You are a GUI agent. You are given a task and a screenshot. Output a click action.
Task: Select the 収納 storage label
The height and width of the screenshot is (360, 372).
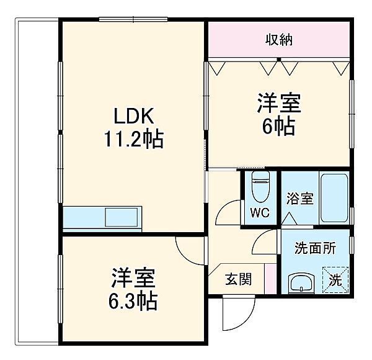(280, 40)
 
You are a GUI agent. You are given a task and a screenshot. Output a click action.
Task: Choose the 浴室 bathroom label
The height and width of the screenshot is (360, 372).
(299, 199)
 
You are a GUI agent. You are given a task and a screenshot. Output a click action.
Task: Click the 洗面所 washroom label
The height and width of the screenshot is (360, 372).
(315, 248)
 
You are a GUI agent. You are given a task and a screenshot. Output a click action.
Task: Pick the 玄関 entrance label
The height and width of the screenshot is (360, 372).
(239, 279)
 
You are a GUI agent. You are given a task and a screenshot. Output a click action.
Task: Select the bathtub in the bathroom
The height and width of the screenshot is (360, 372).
(335, 198)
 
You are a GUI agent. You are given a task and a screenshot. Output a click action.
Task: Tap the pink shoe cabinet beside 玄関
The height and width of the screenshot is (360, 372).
(270, 279)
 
